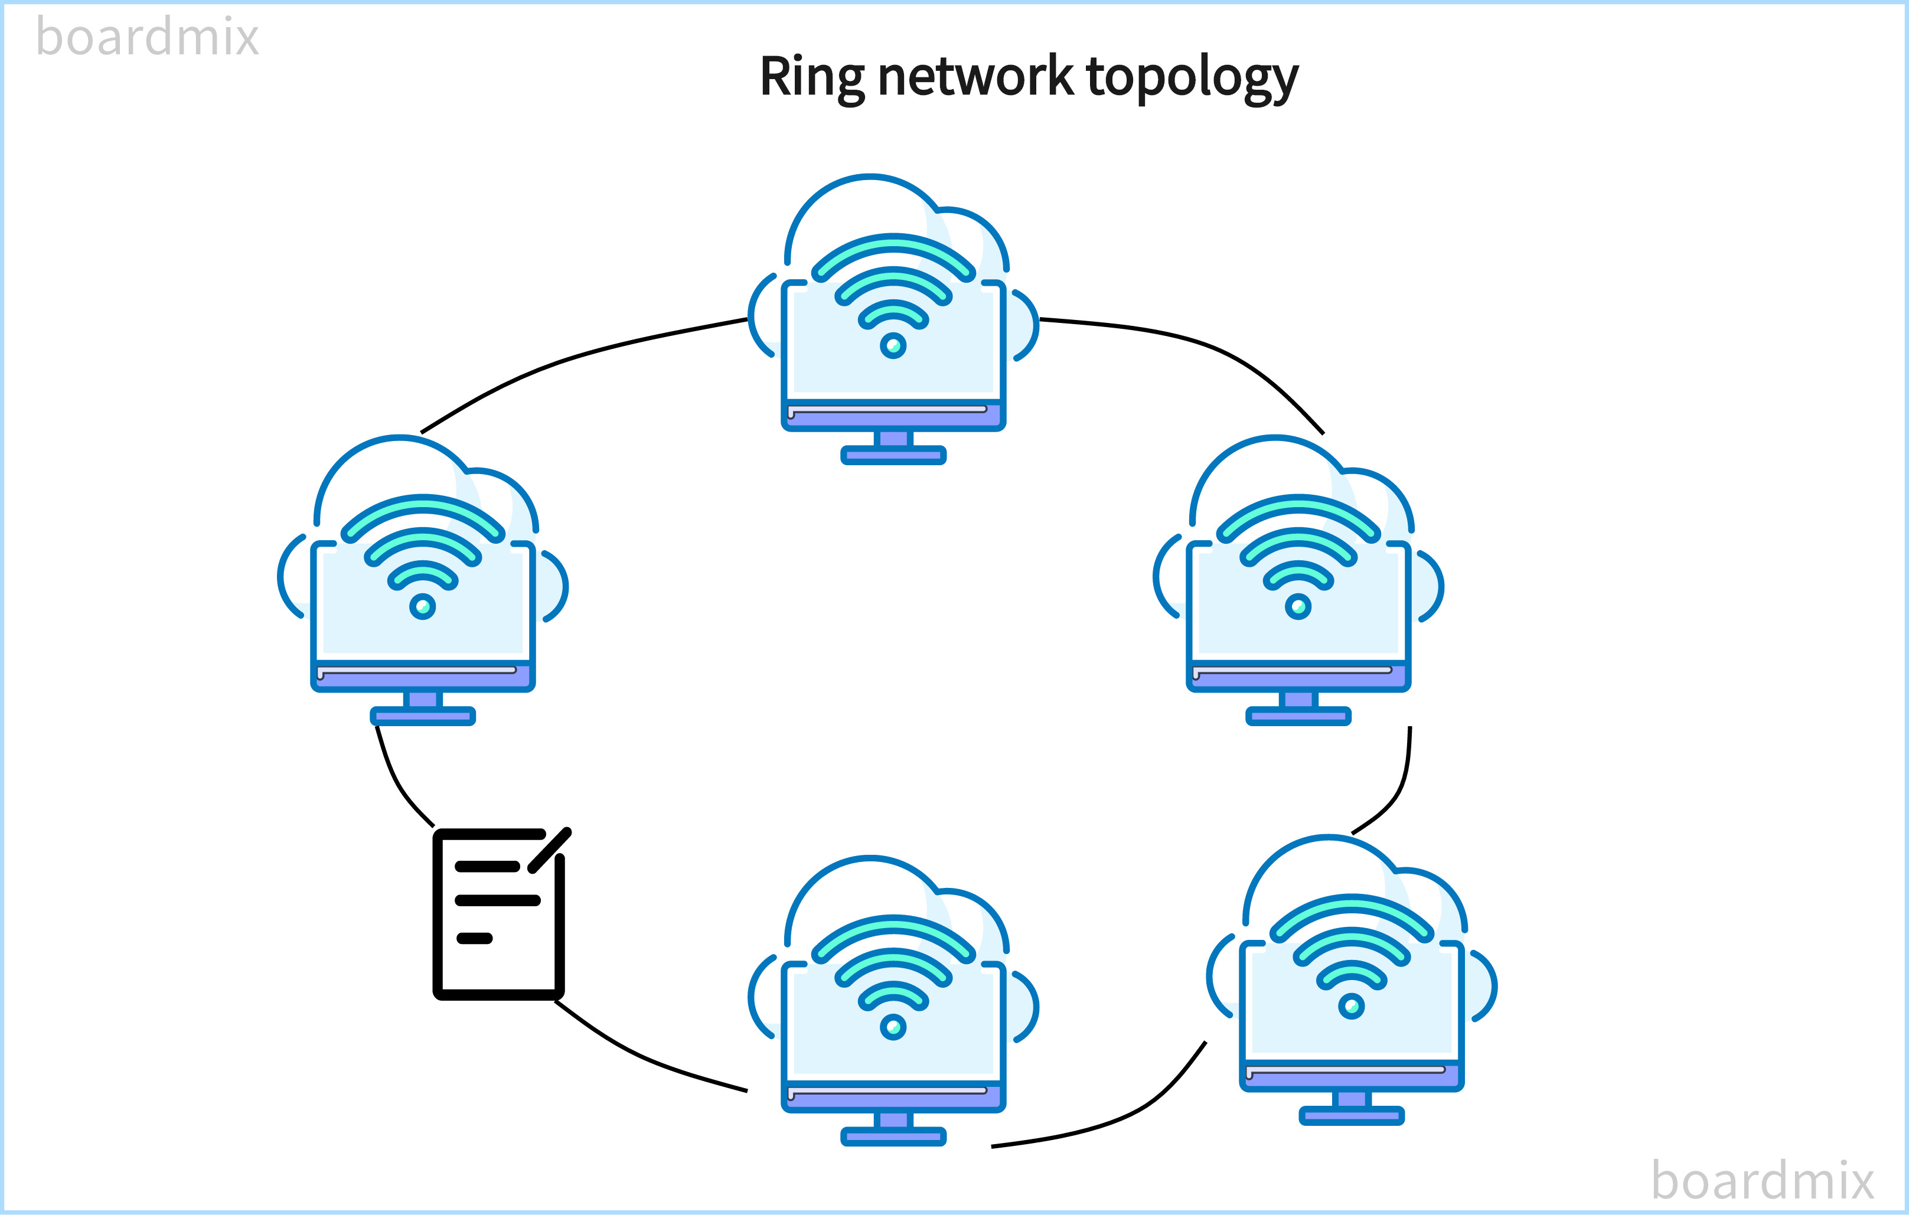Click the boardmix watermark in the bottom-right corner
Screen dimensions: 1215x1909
(x=1761, y=1180)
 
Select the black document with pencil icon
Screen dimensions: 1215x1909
(x=498, y=916)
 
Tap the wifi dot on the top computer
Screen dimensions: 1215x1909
(x=893, y=345)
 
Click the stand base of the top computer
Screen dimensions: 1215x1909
(x=893, y=455)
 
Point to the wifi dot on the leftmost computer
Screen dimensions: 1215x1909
(x=423, y=607)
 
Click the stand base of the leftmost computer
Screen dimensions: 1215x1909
(x=423, y=717)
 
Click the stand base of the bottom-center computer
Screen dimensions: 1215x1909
(x=893, y=1137)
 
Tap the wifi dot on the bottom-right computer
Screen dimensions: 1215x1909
(x=1352, y=1007)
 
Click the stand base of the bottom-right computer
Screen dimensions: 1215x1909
(x=1352, y=1116)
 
